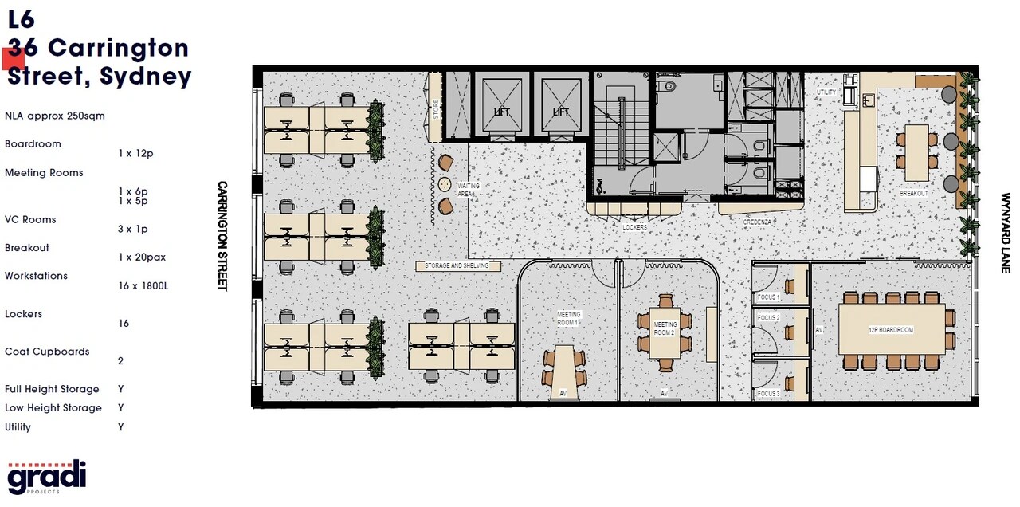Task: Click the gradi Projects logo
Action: [47, 477]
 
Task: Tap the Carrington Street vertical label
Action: [222, 235]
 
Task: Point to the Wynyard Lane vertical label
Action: [1006, 233]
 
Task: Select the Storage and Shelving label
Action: [458, 265]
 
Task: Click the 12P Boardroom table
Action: [892, 329]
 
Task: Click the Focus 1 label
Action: [768, 297]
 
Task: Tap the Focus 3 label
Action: [768, 394]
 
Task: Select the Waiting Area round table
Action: [443, 184]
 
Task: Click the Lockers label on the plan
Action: [635, 227]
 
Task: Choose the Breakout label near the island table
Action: [914, 194]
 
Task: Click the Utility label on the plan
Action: [826, 92]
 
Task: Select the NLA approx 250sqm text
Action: [54, 116]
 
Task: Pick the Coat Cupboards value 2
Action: [120, 360]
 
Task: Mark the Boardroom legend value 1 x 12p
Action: [135, 153]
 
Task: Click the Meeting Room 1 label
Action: [569, 319]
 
